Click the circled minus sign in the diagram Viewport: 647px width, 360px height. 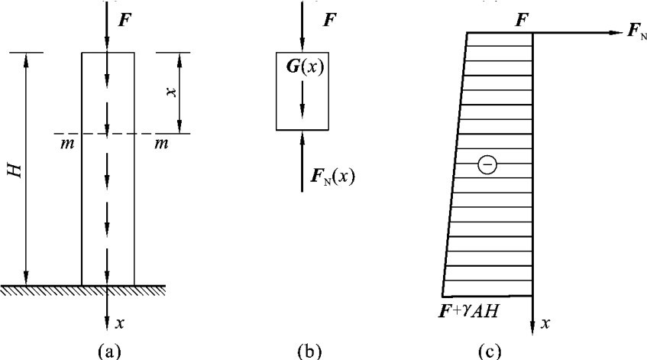pyautogui.click(x=485, y=164)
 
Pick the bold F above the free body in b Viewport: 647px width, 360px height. pyautogui.click(x=328, y=18)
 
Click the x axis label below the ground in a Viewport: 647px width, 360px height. pyautogui.click(x=121, y=323)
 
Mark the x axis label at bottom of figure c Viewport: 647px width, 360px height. pyautogui.click(x=545, y=324)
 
